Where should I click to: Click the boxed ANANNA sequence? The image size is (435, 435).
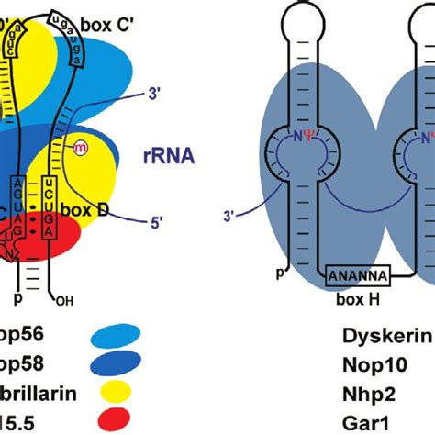pyautogui.click(x=359, y=274)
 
